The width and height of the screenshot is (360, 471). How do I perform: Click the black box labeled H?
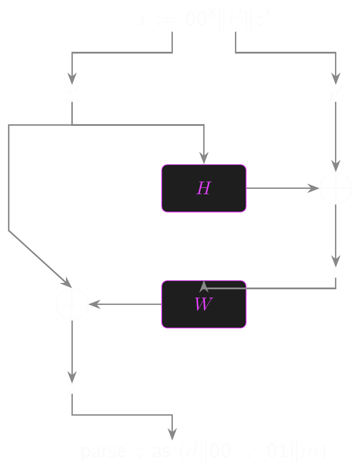204,188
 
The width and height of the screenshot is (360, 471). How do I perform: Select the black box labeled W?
204,304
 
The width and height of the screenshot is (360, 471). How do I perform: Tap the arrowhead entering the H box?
204,158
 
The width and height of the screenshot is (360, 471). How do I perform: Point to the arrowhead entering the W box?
204,285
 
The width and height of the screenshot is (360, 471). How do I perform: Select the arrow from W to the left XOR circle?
125,304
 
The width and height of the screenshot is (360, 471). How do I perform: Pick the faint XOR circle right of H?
335,188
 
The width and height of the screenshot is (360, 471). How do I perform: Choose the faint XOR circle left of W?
72,304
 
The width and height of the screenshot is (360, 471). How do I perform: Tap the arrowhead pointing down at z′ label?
72,78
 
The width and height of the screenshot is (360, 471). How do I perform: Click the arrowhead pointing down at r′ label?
335,78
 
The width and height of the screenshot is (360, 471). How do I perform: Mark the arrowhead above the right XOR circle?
335,166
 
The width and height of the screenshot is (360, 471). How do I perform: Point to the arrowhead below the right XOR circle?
335,261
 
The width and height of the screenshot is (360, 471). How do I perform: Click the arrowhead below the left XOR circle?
72,377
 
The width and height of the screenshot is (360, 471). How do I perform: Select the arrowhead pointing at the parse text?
172,434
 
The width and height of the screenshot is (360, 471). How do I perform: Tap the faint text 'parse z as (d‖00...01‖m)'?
203,451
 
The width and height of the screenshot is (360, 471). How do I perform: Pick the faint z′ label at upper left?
72,94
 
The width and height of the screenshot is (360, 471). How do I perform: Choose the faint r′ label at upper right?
335,94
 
